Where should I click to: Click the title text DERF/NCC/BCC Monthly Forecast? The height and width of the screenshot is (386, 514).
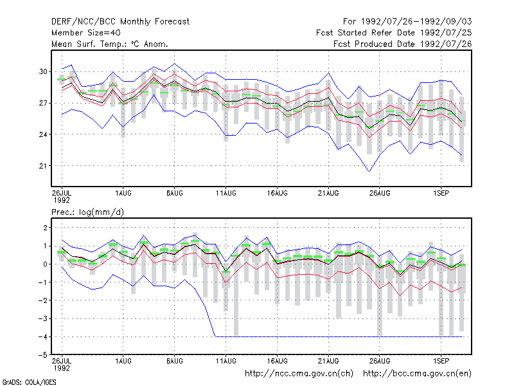pyautogui.click(x=120, y=22)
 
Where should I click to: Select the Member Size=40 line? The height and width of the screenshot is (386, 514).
pyautogui.click(x=86, y=33)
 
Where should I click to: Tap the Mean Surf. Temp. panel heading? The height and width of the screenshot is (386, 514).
pyautogui.click(x=110, y=44)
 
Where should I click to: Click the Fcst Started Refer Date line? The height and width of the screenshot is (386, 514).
pyautogui.click(x=394, y=33)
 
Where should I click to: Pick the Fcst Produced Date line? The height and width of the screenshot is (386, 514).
pyautogui.click(x=403, y=44)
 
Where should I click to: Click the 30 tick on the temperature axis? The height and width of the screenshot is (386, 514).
pyautogui.click(x=43, y=71)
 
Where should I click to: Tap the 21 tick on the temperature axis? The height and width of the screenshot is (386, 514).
pyautogui.click(x=43, y=166)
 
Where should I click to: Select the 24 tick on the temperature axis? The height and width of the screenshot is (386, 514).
pyautogui.click(x=43, y=134)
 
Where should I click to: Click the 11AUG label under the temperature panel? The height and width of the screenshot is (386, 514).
pyautogui.click(x=226, y=194)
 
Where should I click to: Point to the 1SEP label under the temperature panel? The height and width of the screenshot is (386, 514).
pyautogui.click(x=441, y=194)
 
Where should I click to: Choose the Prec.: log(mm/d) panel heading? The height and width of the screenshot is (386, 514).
pyautogui.click(x=87, y=212)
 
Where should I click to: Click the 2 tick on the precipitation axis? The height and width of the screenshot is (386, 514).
pyautogui.click(x=45, y=228)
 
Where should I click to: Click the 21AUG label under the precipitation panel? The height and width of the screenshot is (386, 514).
pyautogui.click(x=328, y=362)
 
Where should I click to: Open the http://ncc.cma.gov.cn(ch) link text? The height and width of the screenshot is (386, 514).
pyautogui.click(x=299, y=374)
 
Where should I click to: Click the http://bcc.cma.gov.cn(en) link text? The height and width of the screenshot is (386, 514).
pyautogui.click(x=417, y=374)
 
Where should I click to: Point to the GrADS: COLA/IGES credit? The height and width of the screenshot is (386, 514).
pyautogui.click(x=29, y=382)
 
